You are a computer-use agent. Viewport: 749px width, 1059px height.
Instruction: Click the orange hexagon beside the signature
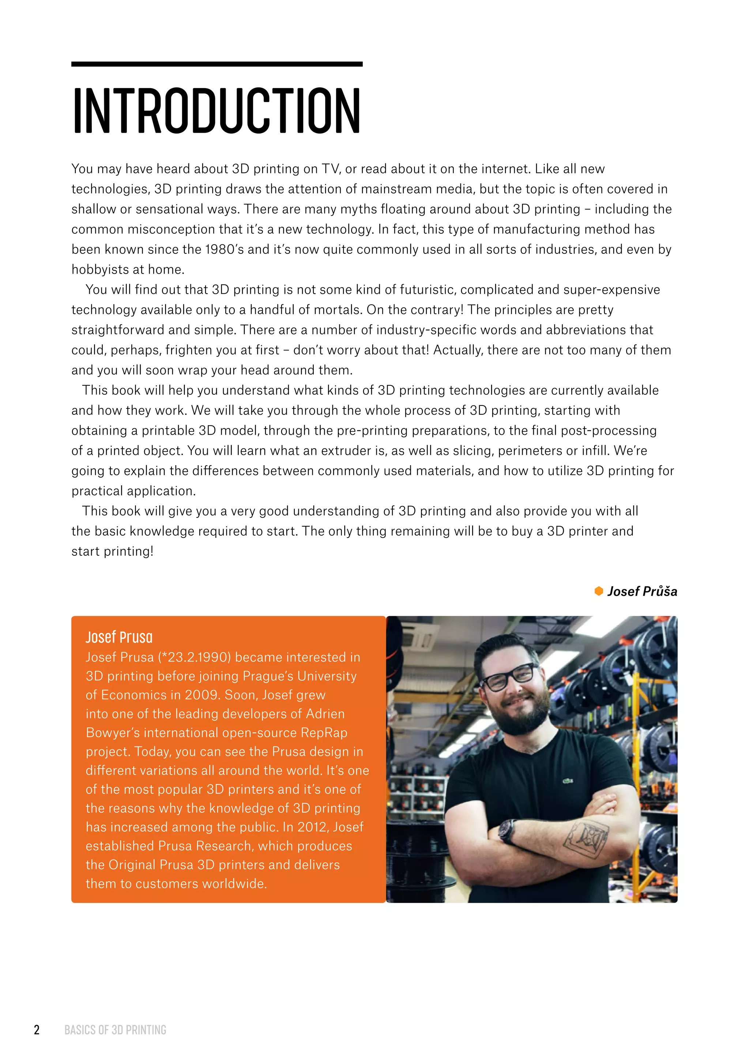pos(599,591)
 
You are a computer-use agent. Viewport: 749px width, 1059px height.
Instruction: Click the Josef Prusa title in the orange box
pos(119,637)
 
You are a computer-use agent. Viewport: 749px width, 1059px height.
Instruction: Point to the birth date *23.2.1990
pos(194,657)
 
